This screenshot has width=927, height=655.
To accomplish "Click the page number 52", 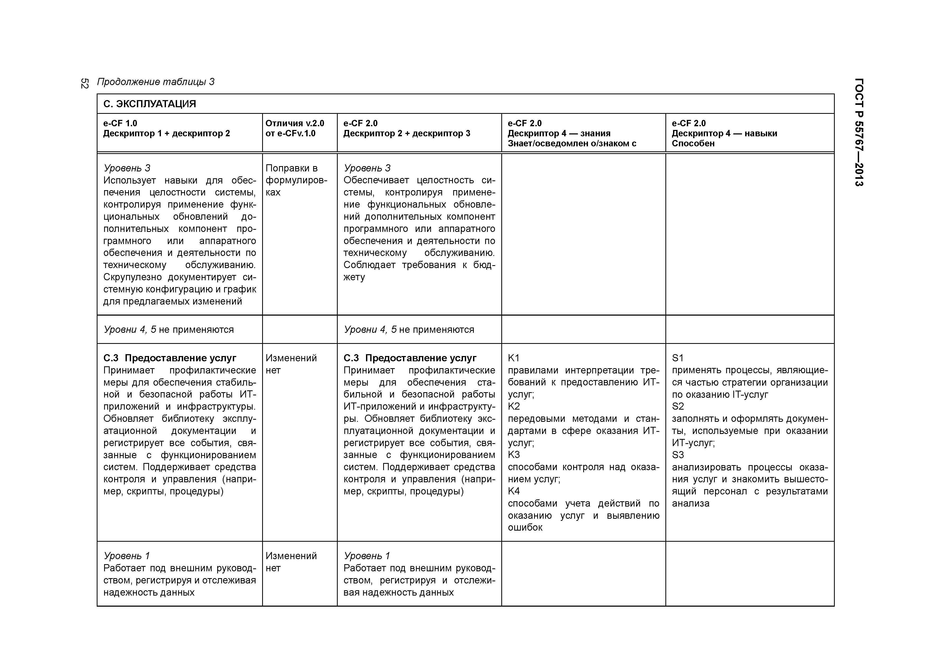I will click(x=84, y=83).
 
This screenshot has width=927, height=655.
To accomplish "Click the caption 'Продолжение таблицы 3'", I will click(x=155, y=82).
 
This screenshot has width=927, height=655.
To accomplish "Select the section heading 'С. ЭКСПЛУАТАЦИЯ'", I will click(x=149, y=104).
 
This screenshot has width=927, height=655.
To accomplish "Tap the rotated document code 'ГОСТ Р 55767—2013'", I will click(x=859, y=132).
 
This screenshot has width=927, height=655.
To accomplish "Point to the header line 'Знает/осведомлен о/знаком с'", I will click(x=572, y=143).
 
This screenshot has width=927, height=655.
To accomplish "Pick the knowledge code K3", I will click(x=514, y=455).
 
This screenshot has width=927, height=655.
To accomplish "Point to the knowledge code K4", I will click(x=514, y=491).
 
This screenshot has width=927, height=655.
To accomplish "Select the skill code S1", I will click(x=678, y=358).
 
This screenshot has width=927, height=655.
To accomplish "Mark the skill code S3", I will click(x=678, y=455).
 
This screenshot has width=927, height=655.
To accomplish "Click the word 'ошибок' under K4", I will click(x=525, y=527).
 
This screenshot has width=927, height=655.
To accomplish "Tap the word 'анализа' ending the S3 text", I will click(x=690, y=503).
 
